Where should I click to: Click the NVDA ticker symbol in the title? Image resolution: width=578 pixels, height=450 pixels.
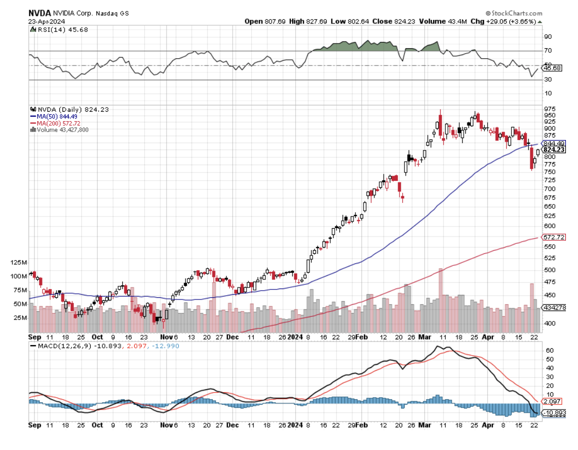coord(40,13)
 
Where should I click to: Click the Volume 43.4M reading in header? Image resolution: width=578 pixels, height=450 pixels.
coord(440,22)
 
